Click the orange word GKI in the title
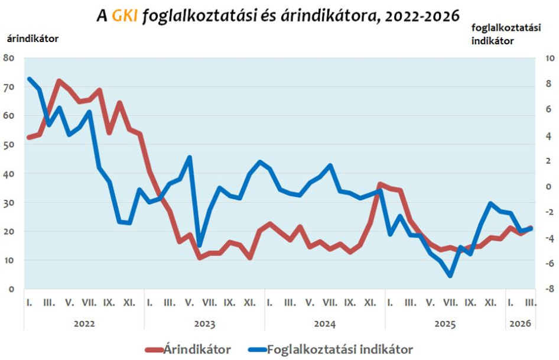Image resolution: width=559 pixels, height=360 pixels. (125, 17)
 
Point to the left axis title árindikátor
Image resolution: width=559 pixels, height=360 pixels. (33, 39)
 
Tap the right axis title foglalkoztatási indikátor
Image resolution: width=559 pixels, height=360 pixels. (506, 34)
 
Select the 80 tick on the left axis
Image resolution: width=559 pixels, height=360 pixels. (8, 58)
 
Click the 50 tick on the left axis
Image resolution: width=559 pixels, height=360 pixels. (8, 145)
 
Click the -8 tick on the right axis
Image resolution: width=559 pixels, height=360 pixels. (548, 289)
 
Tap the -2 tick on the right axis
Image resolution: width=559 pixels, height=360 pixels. (548, 212)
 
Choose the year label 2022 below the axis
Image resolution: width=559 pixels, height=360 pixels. (84, 324)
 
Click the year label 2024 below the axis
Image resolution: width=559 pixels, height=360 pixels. (324, 324)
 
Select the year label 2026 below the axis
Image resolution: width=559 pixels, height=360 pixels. (519, 324)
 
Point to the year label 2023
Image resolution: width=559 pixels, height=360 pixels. (204, 324)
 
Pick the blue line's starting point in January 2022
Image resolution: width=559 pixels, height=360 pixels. (29, 79)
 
